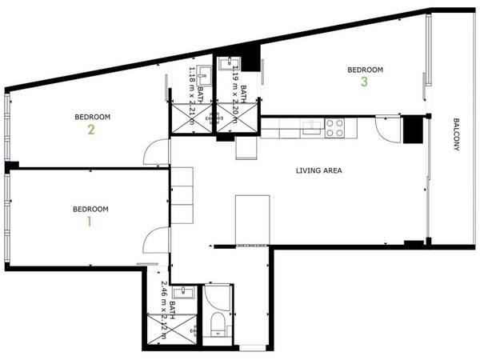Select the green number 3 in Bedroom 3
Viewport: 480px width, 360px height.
(364, 82)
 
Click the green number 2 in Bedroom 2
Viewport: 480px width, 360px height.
(91, 129)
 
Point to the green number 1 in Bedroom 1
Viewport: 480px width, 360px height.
(90, 222)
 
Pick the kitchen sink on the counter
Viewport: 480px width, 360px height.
(309, 125)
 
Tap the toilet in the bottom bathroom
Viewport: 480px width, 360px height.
(215, 323)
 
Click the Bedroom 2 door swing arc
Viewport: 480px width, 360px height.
(158, 150)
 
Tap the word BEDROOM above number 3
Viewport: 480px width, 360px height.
(364, 70)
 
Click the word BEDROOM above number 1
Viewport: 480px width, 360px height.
(90, 210)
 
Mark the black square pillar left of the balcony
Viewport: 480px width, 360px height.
(414, 128)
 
